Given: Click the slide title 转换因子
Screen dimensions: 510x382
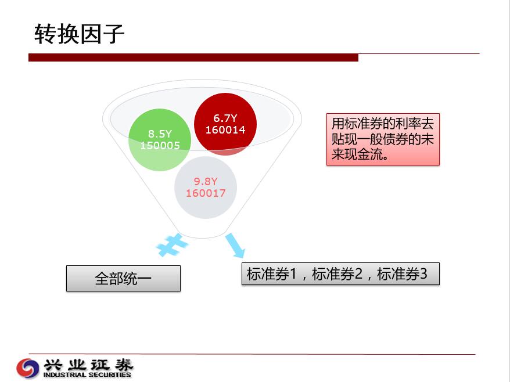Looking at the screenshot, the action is [x=80, y=34].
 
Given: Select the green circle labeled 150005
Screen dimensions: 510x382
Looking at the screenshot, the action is [x=160, y=140].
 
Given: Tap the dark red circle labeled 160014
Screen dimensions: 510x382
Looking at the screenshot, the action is [x=225, y=124].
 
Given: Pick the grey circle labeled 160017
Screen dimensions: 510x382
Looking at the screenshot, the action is [x=206, y=188].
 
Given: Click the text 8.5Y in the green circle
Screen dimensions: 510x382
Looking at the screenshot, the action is [x=160, y=134].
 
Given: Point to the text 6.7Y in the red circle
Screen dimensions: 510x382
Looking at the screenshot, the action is [x=225, y=118].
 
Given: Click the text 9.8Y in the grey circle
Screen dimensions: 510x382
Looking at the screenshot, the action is [x=206, y=181].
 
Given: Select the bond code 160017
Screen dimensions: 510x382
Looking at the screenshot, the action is [x=206, y=193].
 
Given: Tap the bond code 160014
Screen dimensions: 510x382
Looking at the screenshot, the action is [x=225, y=130].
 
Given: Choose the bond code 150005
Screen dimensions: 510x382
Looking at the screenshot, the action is [x=160, y=145].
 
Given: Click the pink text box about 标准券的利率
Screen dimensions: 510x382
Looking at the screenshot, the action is [x=383, y=139].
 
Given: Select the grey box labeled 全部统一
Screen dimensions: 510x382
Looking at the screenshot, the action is [x=123, y=278].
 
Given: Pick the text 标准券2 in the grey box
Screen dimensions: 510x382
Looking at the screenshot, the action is [x=337, y=274].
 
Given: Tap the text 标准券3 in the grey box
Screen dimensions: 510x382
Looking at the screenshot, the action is [x=402, y=274].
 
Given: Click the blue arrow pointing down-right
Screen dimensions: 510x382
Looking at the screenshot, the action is [x=235, y=246].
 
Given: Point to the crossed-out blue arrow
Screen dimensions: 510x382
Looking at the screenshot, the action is [x=172, y=245].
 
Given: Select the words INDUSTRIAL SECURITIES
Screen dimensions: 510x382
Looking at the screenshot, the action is [x=87, y=374].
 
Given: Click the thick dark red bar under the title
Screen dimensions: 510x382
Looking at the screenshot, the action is [x=193, y=57].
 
